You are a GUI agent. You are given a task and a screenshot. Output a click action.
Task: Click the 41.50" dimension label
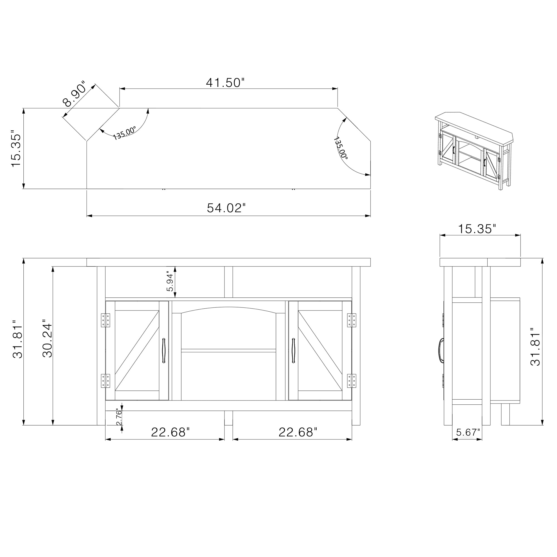pos(225,83)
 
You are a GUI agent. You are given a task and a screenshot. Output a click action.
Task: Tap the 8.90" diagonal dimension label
pos(74,94)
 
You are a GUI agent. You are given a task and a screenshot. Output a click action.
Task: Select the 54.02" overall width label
pos(226,208)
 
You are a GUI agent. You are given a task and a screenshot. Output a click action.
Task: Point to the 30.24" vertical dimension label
pos(47,338)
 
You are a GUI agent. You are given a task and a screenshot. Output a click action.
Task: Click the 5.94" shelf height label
pos(170,281)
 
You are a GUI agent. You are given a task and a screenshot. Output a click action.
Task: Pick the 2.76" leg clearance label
pos(119,417)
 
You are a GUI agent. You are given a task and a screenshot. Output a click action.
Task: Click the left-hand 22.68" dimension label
pos(170,432)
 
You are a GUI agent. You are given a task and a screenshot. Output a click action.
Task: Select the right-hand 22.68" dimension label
pos(298,432)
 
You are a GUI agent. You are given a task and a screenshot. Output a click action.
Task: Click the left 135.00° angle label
pos(124,133)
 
